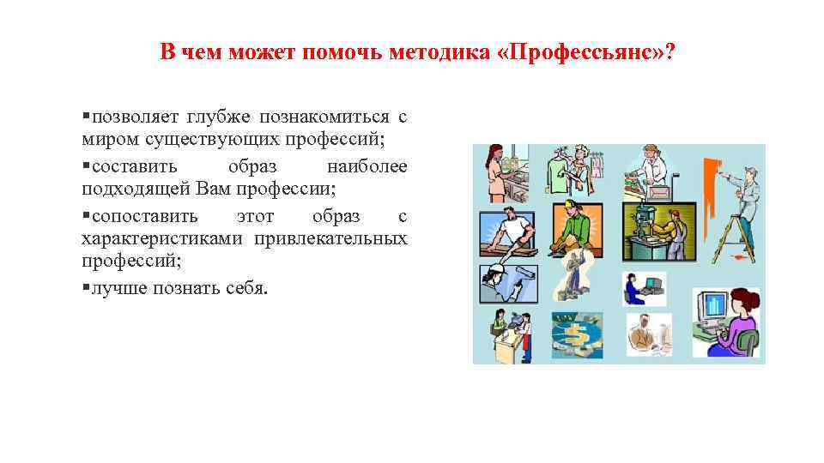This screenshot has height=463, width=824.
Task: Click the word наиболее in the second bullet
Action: pyautogui.click(x=367, y=165)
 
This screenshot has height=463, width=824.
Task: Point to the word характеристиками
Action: pyautogui.click(x=162, y=238)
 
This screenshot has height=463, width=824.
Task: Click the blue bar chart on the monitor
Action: pyautogui.click(x=712, y=304)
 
